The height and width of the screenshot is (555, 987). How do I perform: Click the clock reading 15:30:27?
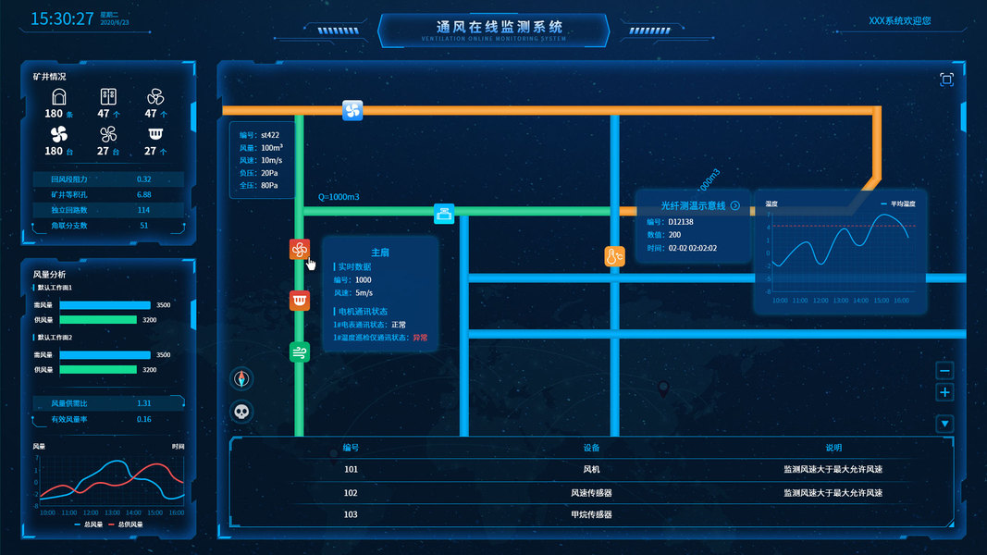(62, 18)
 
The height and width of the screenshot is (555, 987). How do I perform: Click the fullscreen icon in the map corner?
(946, 80)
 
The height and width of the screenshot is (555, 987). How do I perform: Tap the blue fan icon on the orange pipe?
(352, 111)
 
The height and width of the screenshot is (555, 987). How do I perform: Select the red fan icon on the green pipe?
(299, 249)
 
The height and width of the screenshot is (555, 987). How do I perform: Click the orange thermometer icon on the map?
(615, 256)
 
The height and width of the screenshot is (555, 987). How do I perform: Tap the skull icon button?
(241, 413)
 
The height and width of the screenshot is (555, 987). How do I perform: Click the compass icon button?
(241, 378)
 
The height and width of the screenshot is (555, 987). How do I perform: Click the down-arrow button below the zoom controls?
(944, 425)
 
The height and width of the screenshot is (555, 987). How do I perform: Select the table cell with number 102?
(351, 493)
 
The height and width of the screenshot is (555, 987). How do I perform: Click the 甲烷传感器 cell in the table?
(592, 514)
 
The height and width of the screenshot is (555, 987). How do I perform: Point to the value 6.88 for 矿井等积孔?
(143, 195)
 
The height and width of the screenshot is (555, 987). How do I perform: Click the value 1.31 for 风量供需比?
(143, 403)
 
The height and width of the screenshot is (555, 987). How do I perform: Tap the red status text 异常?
(421, 338)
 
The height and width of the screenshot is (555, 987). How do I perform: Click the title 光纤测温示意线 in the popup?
(694, 205)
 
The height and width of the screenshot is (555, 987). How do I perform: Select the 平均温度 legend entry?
(895, 203)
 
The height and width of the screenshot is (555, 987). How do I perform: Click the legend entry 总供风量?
(125, 524)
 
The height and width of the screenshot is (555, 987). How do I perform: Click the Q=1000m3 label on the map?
(339, 197)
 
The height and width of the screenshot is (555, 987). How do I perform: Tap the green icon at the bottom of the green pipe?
(299, 351)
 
